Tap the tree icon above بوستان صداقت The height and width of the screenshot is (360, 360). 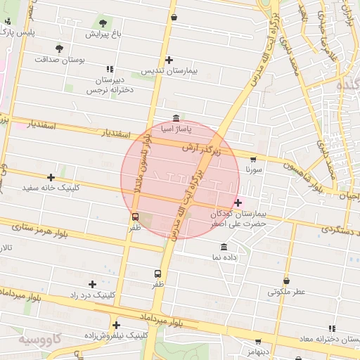pos(59,49)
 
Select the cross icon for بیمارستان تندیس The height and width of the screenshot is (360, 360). pos(169,60)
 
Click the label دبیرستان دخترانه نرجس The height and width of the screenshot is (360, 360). pos(110,85)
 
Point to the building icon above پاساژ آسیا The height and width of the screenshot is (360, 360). pos(176,118)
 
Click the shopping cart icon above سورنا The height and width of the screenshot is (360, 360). pos(253,159)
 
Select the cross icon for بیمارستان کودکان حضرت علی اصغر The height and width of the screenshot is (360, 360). pos(238,202)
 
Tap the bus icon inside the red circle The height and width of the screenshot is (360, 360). pos(136,217)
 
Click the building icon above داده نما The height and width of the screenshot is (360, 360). pos(224,247)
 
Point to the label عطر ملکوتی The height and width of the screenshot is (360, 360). pos(286,292)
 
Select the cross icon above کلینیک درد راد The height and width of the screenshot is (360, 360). pos(93,284)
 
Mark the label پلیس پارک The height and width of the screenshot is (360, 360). pos(17,32)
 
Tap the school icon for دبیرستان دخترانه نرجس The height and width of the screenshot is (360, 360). pos(110,68)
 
